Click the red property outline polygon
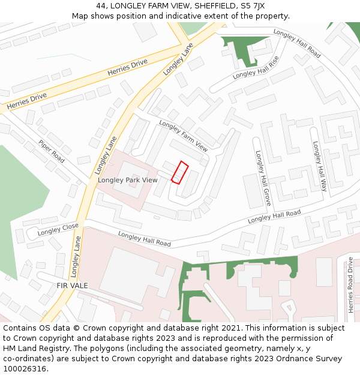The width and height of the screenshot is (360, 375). tap(180, 172)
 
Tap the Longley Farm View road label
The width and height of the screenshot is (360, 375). tap(183, 136)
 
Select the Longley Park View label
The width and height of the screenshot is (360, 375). tap(128, 180)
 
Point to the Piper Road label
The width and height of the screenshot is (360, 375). tap(52, 152)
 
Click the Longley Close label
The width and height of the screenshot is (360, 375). tap(58, 229)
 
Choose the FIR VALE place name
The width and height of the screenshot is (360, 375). tap(72, 286)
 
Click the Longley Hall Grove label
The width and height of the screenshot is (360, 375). tap(263, 178)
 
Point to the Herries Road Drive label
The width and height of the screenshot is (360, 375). tap(351, 284)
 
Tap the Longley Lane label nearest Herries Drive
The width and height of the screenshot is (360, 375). tap(178, 59)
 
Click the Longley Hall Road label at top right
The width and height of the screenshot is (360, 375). tap(297, 43)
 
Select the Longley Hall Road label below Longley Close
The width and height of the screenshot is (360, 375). tap(145, 239)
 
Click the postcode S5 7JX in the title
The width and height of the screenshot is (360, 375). tap(252, 5)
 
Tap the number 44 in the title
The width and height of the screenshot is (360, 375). tap(101, 5)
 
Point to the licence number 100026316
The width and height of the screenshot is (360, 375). tap(25, 369)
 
